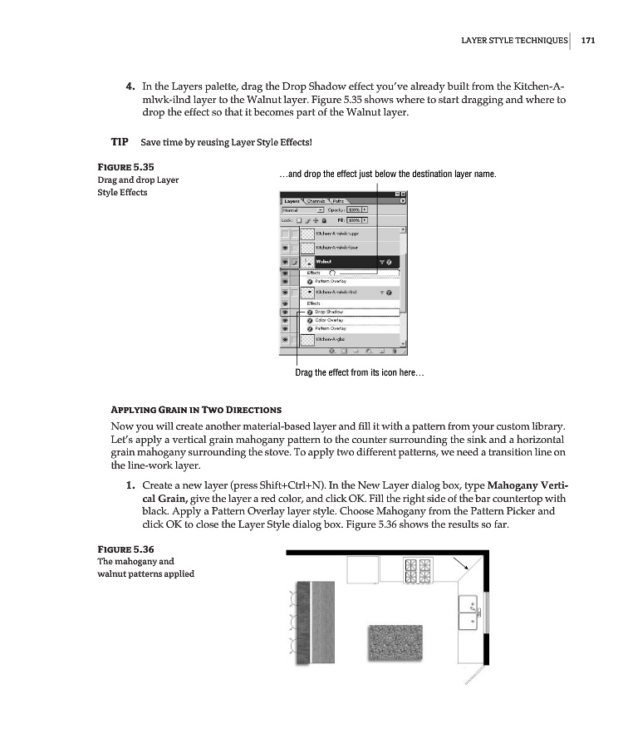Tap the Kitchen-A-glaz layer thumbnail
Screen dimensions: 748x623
coord(306,339)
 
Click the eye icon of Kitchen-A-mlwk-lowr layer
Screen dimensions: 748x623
coord(287,248)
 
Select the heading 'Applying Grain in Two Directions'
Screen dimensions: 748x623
coord(196,410)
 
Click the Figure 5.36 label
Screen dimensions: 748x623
coord(125,549)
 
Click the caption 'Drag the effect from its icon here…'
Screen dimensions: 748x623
coord(360,373)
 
